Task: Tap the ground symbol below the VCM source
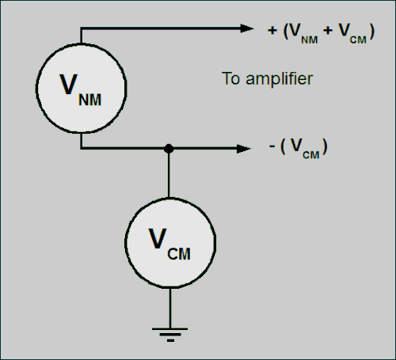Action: (170, 335)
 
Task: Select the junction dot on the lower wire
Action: (169, 149)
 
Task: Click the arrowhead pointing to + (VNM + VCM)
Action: (247, 28)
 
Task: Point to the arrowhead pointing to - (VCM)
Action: (243, 149)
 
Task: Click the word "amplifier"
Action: (280, 79)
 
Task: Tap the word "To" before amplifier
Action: (231, 78)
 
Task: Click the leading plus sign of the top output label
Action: (272, 30)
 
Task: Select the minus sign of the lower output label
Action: (272, 146)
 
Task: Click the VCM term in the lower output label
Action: (305, 148)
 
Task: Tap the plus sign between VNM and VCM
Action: (328, 30)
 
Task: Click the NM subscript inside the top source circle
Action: (90, 100)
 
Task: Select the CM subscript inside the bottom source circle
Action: (179, 254)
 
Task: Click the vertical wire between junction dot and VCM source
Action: (169, 176)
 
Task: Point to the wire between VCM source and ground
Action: (170, 308)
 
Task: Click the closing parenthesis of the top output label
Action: (372, 32)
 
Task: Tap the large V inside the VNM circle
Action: (69, 84)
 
